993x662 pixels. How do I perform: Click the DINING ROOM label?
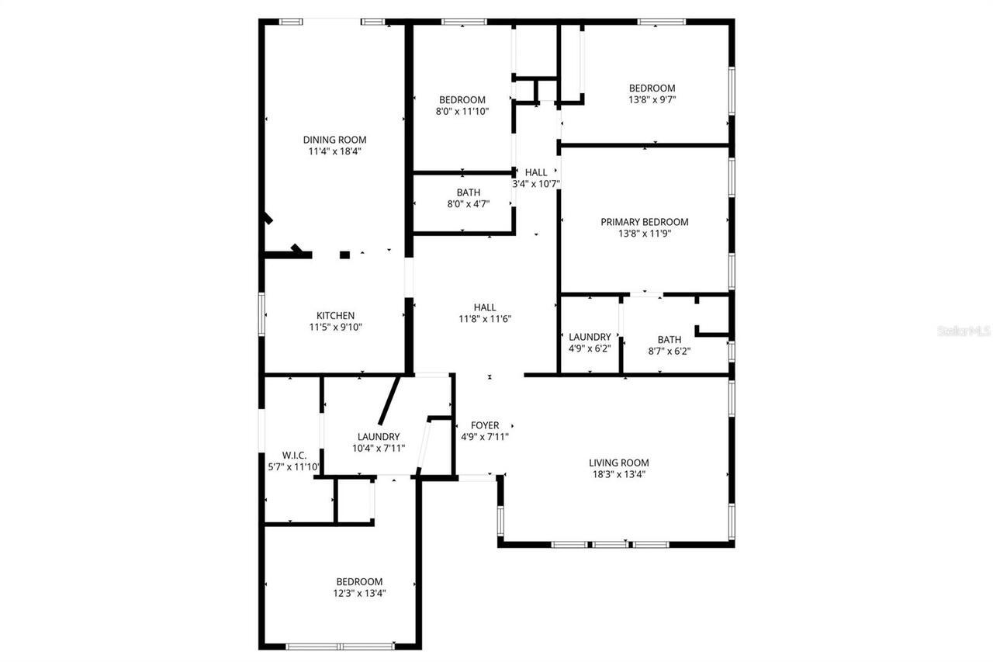(334, 140)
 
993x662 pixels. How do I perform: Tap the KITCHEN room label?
(335, 315)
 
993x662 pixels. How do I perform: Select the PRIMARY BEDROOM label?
(644, 222)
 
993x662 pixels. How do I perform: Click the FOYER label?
(485, 425)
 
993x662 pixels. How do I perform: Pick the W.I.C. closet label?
(294, 455)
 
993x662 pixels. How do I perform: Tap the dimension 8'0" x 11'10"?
(462, 111)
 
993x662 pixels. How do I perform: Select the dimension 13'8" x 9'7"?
(652, 99)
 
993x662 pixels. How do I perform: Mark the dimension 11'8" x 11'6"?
(485, 318)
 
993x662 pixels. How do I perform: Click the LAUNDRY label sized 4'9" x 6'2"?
(590, 337)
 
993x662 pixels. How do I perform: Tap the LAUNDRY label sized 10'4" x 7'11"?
(379, 437)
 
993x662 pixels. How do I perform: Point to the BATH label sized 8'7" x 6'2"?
(669, 339)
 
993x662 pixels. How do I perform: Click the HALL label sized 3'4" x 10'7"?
(536, 172)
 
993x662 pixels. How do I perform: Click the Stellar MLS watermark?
(964, 331)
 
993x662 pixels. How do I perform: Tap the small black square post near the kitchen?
(344, 255)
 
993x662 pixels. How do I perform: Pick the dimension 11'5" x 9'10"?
(335, 327)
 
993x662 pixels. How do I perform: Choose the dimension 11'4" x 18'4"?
(334, 151)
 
